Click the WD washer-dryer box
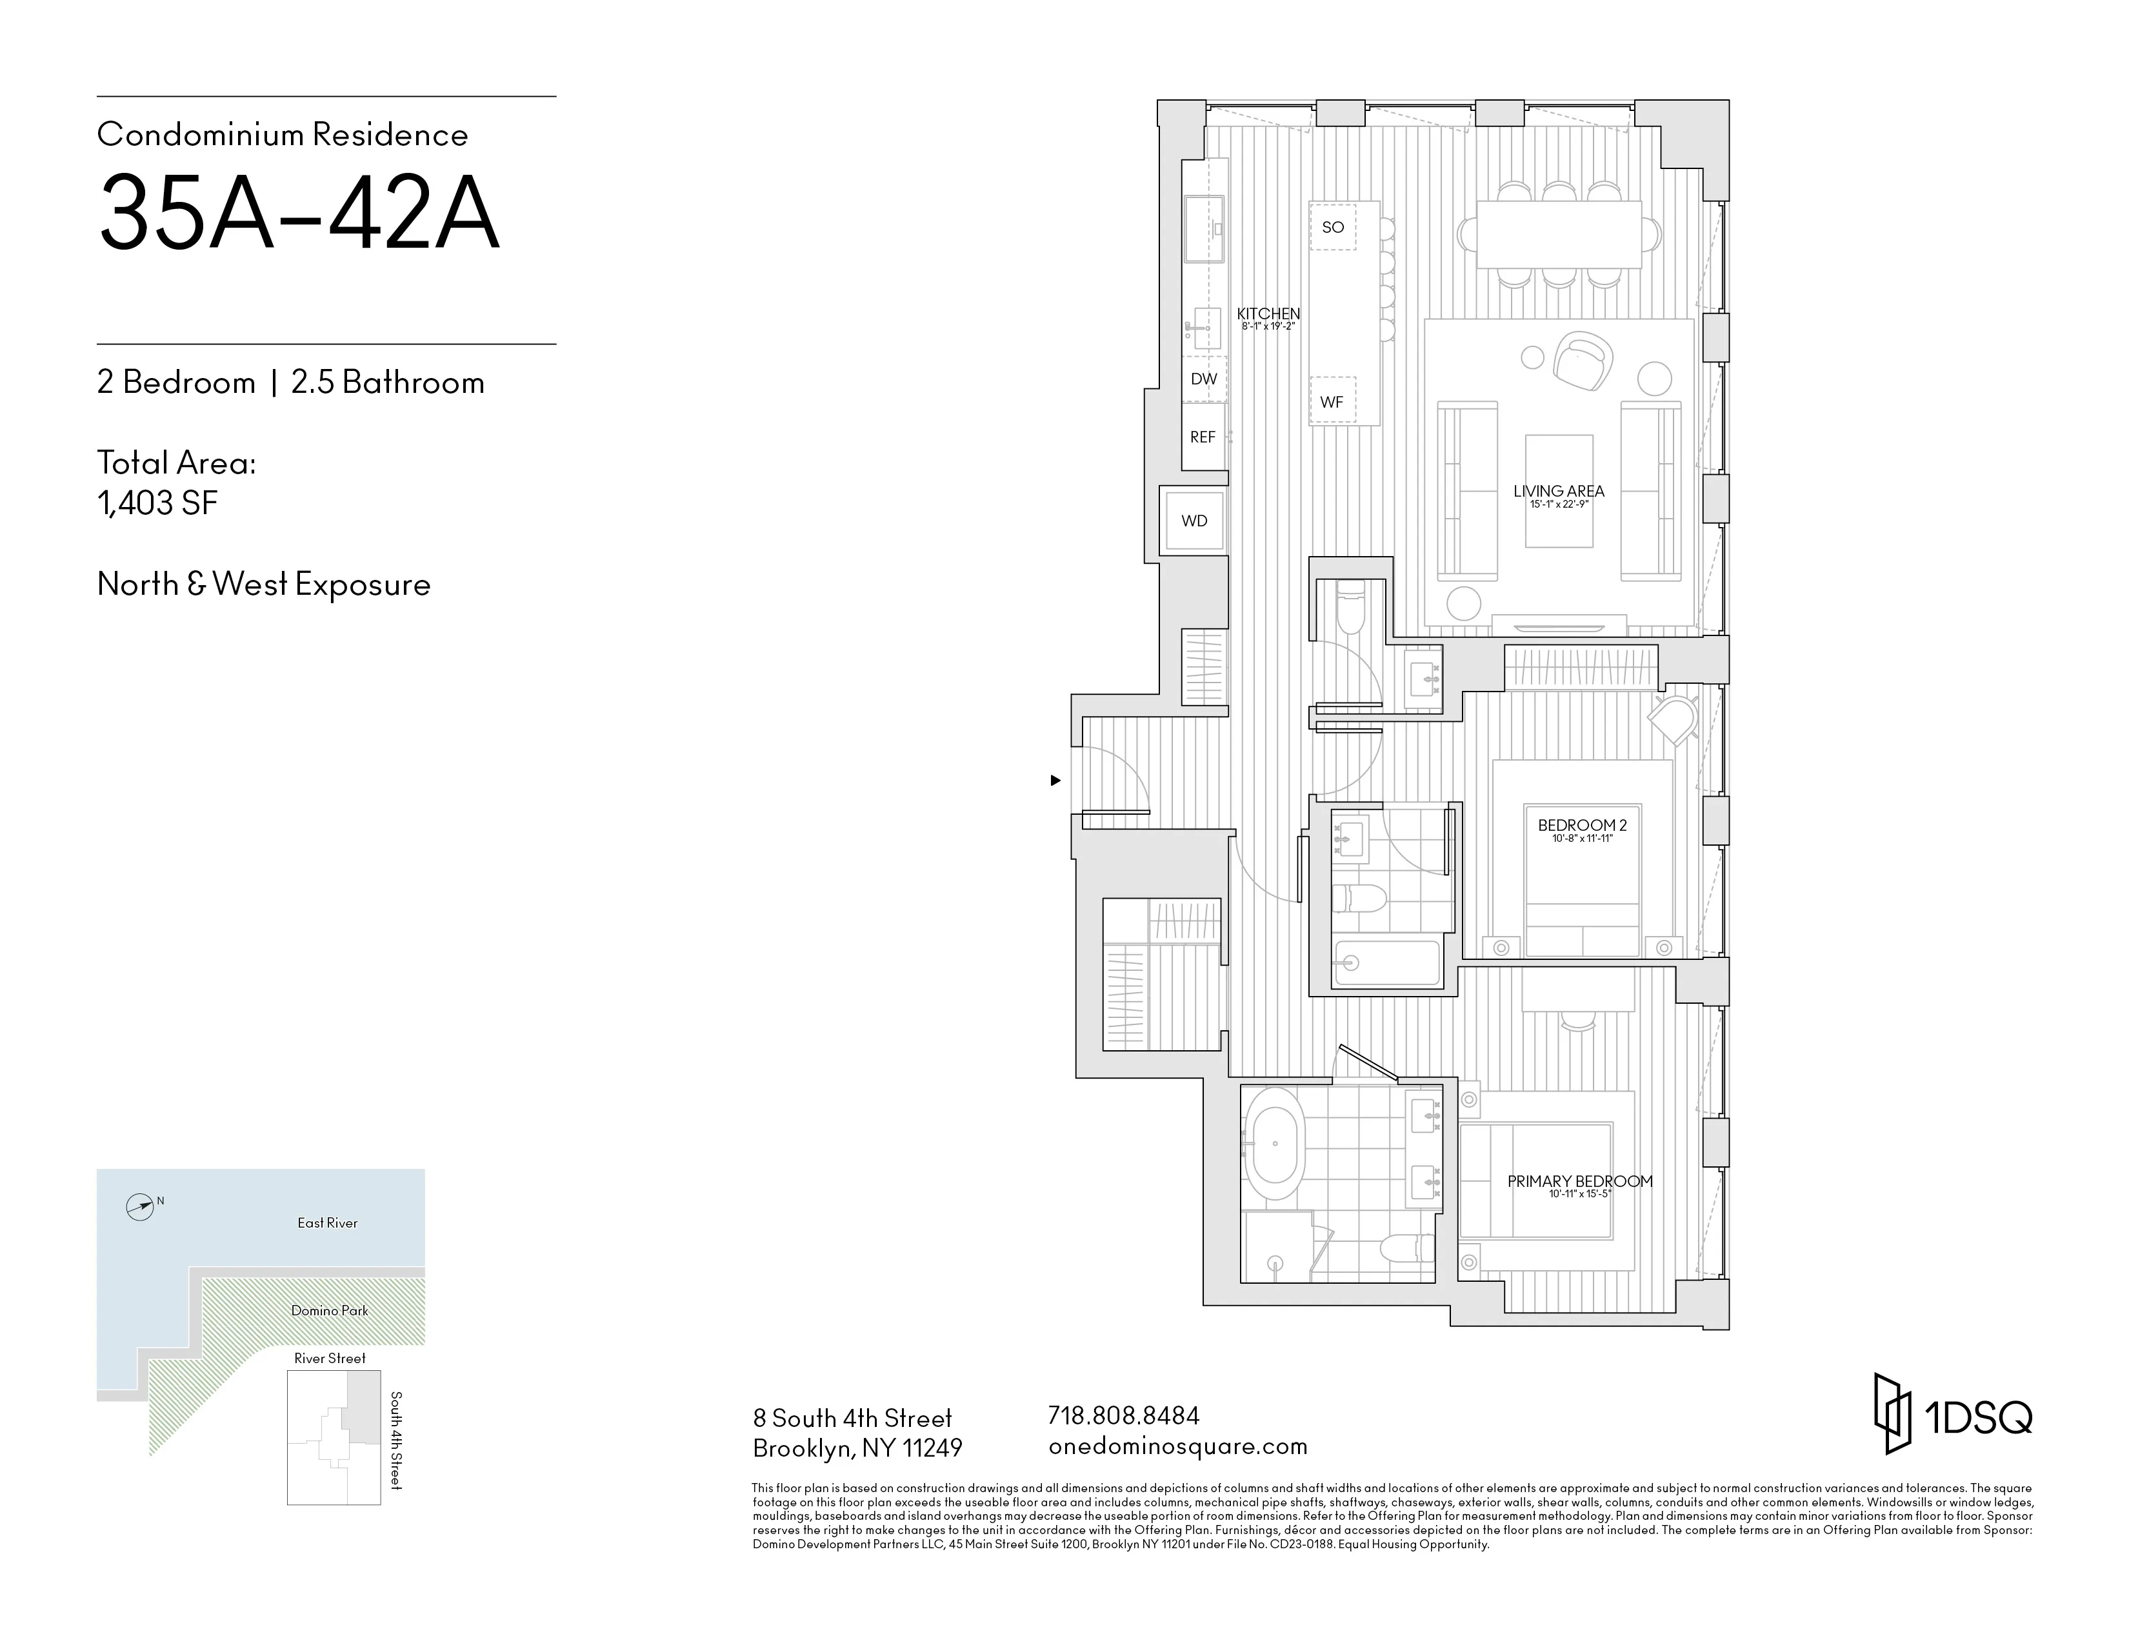click(1194, 521)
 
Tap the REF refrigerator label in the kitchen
click(1203, 437)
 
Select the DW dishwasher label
click(1204, 379)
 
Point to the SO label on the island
click(1333, 227)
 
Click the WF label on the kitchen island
click(1332, 401)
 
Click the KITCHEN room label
click(1268, 314)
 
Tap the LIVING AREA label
click(1559, 491)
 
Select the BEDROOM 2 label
click(1582, 826)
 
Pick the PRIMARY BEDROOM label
click(1580, 1181)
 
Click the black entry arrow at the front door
click(1055, 781)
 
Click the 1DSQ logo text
click(1979, 1418)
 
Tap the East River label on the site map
click(328, 1223)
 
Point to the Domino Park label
click(330, 1311)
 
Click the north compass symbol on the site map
click(141, 1208)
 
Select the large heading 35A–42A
click(298, 214)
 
